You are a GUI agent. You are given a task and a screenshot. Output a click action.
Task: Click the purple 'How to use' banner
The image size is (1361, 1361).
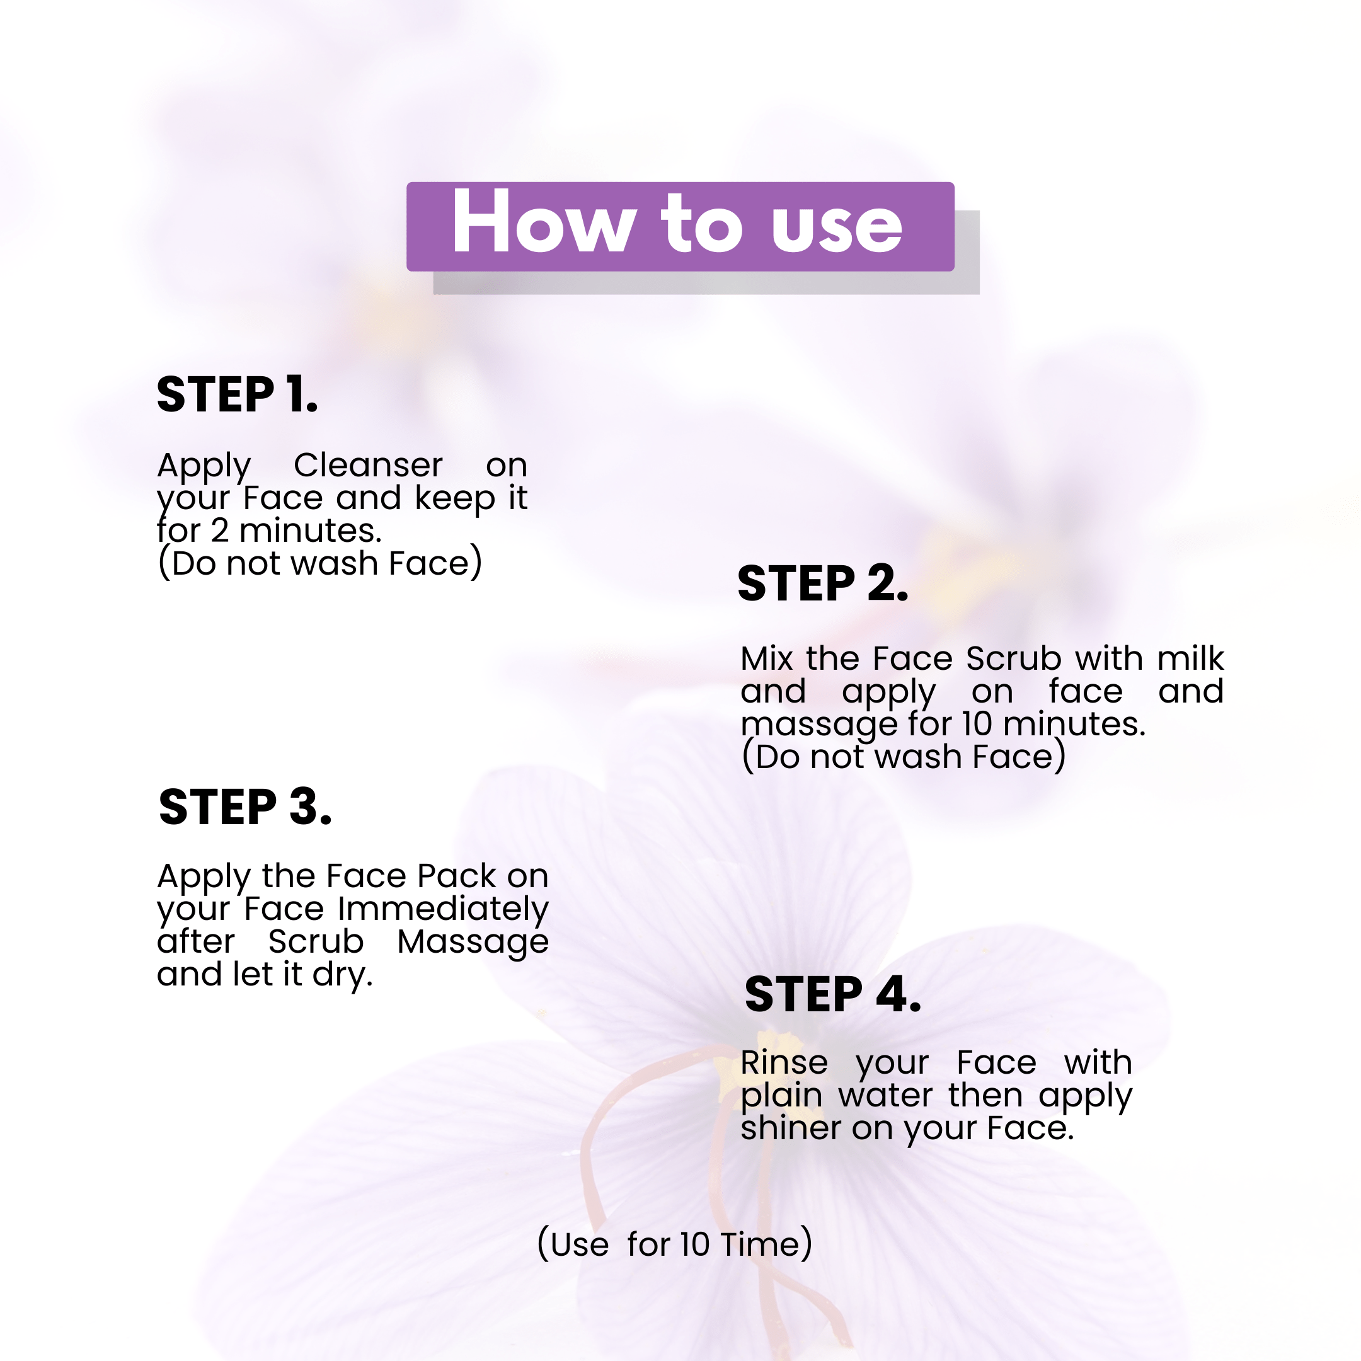point(680,226)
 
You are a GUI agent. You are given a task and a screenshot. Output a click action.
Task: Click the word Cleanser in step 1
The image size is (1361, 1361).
point(368,465)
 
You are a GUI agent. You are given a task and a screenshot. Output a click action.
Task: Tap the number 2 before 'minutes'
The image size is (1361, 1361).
point(220,531)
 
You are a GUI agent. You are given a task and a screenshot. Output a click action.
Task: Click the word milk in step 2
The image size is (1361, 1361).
point(1190,658)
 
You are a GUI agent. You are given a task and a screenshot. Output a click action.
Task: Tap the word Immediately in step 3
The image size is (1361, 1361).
point(443,909)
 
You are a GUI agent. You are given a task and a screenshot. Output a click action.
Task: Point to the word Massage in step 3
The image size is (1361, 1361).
point(473,943)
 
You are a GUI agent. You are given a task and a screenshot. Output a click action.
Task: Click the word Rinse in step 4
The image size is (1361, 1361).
point(784,1062)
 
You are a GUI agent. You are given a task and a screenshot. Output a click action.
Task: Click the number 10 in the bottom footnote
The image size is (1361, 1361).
point(694,1245)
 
